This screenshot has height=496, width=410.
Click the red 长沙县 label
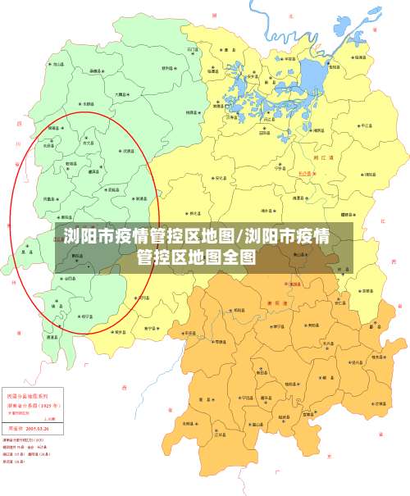(305, 174)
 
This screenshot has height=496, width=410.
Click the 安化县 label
(220, 177)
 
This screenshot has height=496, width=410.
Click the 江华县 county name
(220, 435)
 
